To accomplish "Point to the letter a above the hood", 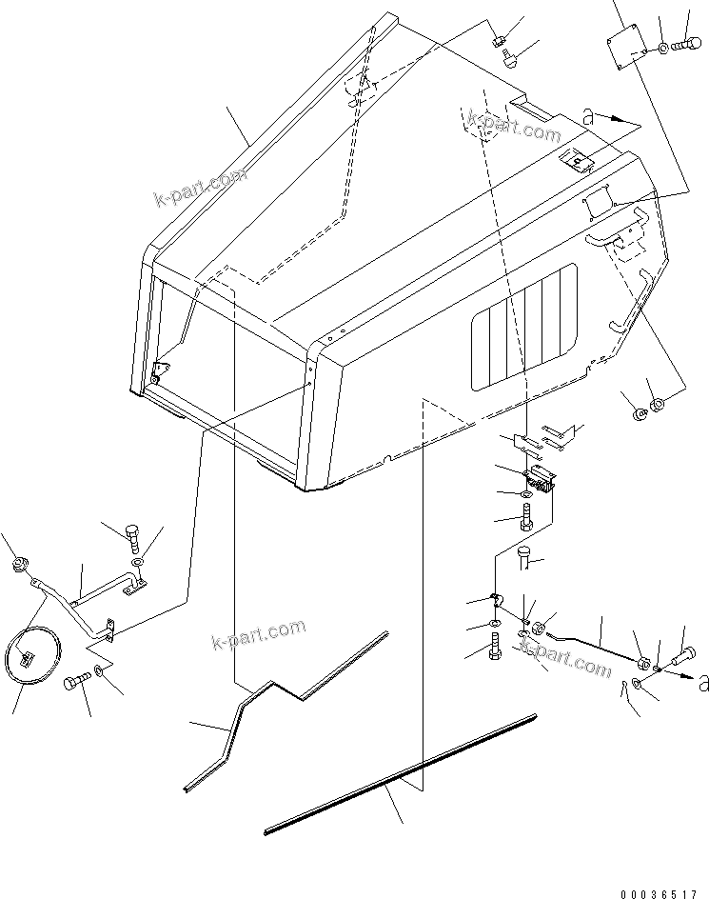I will tap(589, 117).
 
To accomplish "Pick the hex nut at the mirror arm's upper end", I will tap(17, 567).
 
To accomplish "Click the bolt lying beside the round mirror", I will tap(76, 682).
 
